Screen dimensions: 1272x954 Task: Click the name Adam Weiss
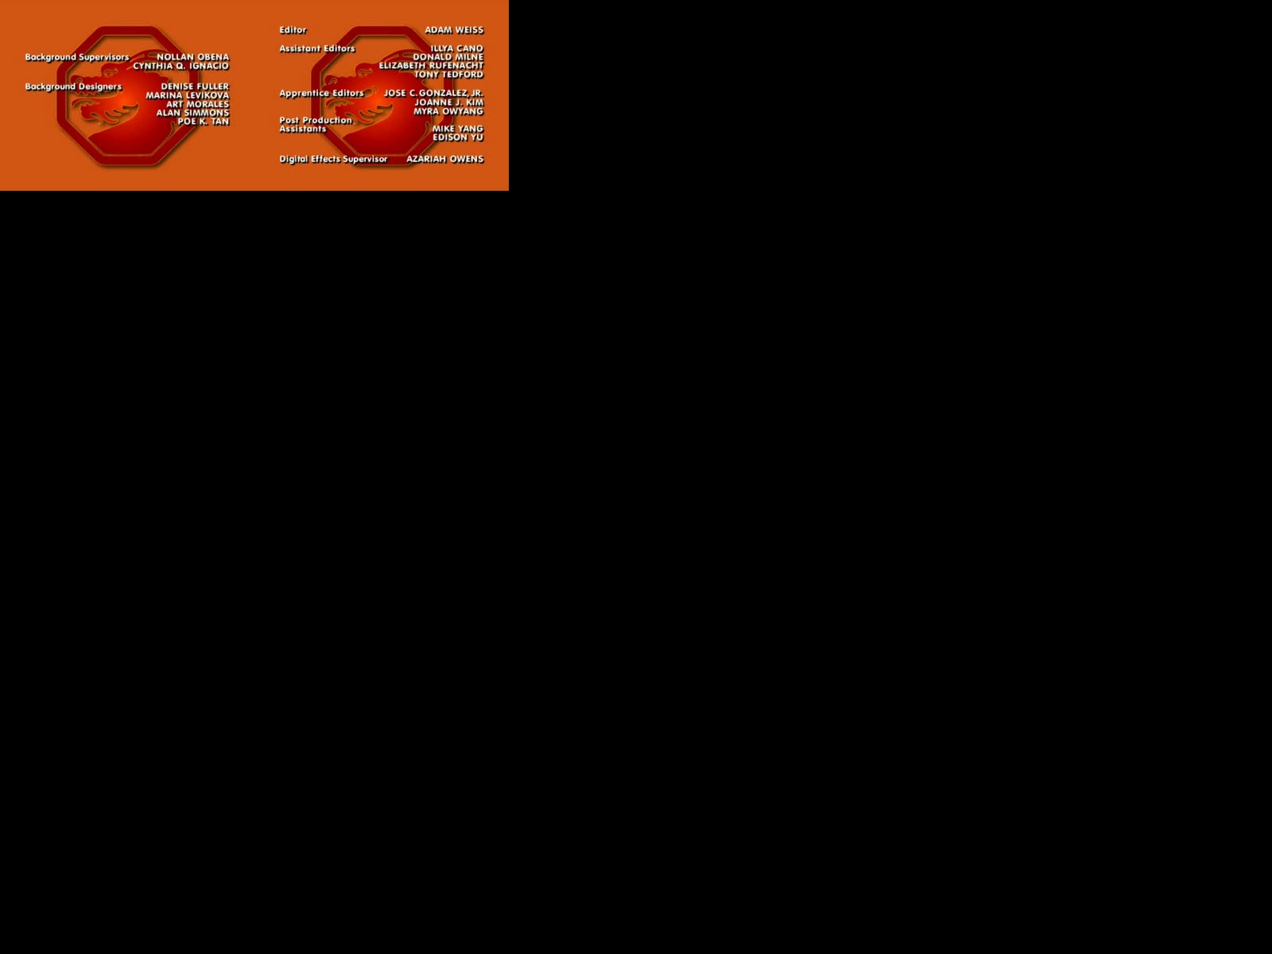[x=454, y=30]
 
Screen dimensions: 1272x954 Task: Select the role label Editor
[x=293, y=30]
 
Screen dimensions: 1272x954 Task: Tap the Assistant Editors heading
[x=317, y=48]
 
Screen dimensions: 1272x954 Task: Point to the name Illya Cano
[x=456, y=48]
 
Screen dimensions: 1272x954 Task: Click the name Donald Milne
[x=448, y=57]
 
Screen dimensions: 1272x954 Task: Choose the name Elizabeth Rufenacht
[x=431, y=66]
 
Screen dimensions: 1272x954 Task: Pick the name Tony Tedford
[x=448, y=75]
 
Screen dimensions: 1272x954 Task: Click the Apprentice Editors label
[x=322, y=93]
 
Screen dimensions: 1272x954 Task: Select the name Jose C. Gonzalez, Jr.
[x=433, y=93]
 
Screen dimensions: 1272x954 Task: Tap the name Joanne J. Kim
[x=448, y=103]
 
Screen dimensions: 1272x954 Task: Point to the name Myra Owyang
[x=448, y=111]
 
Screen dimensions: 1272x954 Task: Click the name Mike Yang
[x=458, y=129]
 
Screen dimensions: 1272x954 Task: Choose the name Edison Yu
[x=458, y=138]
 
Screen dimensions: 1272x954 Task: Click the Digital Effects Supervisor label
[x=333, y=159]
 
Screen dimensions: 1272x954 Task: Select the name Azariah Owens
[x=445, y=159]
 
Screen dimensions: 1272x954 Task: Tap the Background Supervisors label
[x=77, y=57]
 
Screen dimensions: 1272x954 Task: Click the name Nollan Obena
[x=193, y=57]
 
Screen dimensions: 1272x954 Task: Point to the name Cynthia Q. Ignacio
[x=181, y=66]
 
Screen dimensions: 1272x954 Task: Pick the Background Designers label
[x=74, y=87]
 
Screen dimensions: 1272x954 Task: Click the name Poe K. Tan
[x=204, y=122]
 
